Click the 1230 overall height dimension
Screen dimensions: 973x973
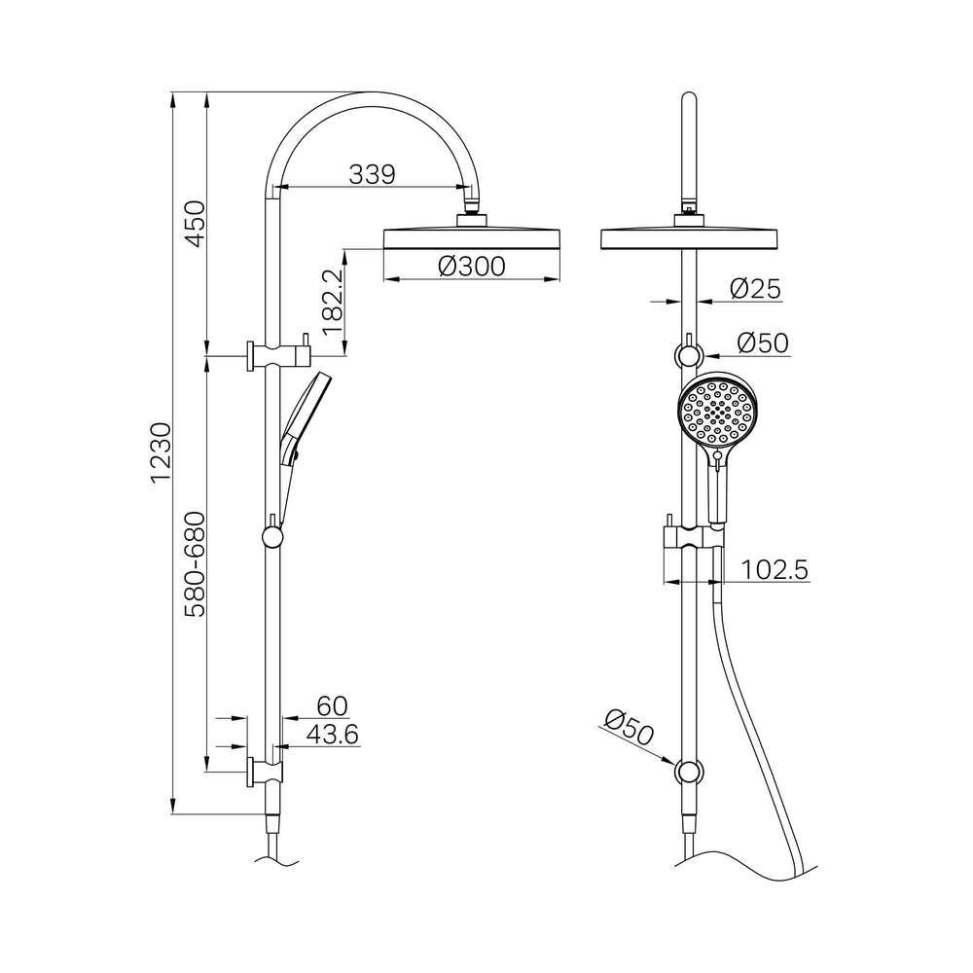point(162,452)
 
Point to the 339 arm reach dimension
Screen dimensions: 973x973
point(372,174)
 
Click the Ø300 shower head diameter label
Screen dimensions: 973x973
point(471,265)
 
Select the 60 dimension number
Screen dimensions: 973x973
point(331,705)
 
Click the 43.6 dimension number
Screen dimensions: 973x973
point(332,735)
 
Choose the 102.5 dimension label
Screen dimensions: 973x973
point(775,569)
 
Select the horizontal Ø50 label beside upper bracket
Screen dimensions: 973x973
point(762,342)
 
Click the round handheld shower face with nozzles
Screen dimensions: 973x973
point(716,414)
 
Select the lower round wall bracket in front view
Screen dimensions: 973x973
point(689,773)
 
